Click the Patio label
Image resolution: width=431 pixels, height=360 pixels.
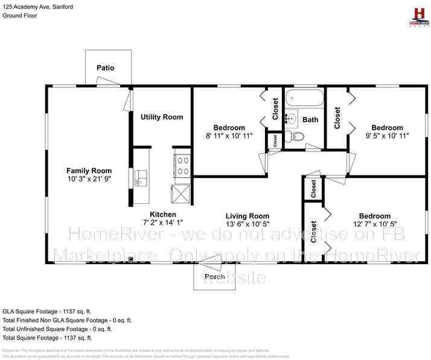tap(106, 68)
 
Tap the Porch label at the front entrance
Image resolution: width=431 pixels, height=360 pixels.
tap(214, 277)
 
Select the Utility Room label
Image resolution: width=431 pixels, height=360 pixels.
tap(162, 117)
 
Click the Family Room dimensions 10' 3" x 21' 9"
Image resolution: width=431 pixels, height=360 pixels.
tap(89, 179)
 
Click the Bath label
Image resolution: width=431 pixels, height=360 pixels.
tap(310, 120)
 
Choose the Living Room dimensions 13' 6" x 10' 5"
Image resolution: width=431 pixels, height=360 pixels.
tap(247, 224)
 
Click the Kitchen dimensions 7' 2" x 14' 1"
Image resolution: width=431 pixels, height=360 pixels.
tap(163, 223)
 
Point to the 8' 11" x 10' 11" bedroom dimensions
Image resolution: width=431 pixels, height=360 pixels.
tap(229, 136)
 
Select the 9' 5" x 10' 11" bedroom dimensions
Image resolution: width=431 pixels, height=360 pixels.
tap(387, 136)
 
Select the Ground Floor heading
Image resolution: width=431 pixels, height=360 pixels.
tap(20, 15)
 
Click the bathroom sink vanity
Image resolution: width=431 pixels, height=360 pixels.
tap(290, 118)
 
